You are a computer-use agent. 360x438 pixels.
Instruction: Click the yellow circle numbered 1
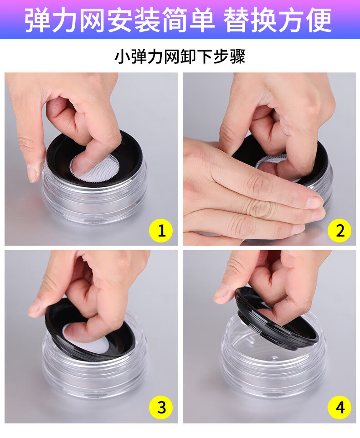click(161, 231)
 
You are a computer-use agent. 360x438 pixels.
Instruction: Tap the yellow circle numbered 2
click(339, 231)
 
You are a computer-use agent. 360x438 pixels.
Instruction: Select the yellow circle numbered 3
click(161, 407)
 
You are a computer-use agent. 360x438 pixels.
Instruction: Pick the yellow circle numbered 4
click(339, 407)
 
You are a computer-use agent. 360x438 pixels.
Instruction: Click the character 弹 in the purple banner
click(37, 20)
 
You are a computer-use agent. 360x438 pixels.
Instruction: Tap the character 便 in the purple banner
click(319, 20)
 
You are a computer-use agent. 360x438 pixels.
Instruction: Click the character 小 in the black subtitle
click(122, 56)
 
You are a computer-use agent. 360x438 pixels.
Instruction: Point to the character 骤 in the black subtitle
click(238, 56)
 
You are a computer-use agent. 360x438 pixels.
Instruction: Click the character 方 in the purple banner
click(291, 20)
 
